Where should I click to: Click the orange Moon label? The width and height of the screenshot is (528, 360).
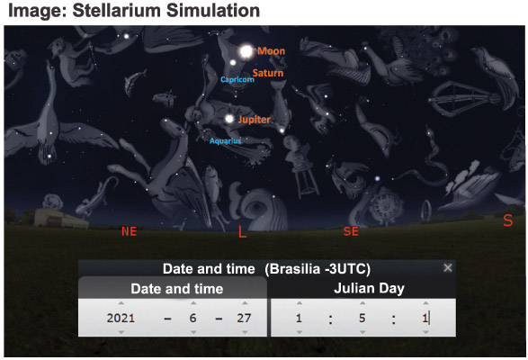click(x=271, y=51)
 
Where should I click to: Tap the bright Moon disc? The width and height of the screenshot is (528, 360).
click(x=246, y=51)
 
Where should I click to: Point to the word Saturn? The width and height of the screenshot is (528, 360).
click(x=268, y=73)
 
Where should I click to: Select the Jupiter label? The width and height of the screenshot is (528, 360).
click(x=255, y=120)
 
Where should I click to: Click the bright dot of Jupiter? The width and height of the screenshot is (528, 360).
click(x=229, y=119)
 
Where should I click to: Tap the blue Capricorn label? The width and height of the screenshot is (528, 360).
click(x=237, y=79)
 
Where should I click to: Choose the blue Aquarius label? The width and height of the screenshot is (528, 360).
click(x=225, y=141)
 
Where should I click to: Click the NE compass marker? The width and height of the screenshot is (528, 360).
click(x=129, y=231)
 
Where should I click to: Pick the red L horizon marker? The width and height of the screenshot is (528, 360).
click(x=242, y=231)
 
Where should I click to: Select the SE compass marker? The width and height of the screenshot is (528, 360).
click(x=351, y=231)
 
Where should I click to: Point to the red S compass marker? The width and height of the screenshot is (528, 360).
click(x=508, y=220)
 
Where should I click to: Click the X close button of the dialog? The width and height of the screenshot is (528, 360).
click(x=448, y=268)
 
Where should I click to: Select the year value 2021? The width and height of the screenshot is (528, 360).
click(x=121, y=318)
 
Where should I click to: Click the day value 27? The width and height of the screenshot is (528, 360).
click(x=244, y=318)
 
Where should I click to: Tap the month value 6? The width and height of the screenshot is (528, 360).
click(x=192, y=318)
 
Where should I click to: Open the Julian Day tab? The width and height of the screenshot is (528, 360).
click(x=369, y=289)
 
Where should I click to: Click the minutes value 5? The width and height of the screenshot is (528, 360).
click(x=362, y=318)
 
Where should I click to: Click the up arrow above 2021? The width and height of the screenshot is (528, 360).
click(x=121, y=303)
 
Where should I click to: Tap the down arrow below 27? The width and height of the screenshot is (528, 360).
click(x=245, y=332)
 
